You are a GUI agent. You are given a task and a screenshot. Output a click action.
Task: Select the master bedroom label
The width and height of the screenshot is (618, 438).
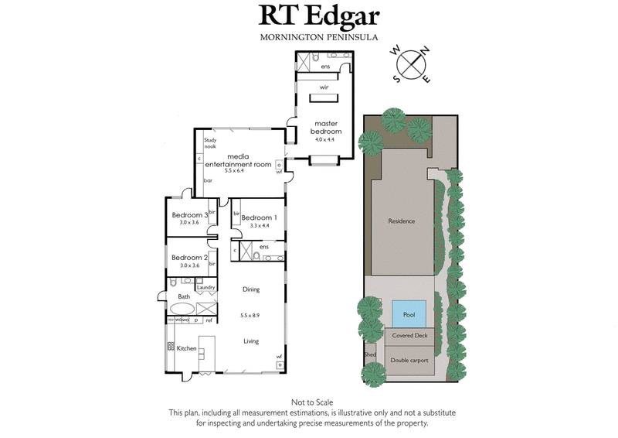tap(325, 127)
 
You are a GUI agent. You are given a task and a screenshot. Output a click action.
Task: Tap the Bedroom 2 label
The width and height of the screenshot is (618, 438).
tap(190, 257)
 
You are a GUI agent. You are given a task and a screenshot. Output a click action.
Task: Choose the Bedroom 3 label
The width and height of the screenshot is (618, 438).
tap(190, 214)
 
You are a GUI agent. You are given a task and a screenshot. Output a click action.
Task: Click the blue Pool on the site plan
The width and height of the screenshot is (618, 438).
tap(409, 313)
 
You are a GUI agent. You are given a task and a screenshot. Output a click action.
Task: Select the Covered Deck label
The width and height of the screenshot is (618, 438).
tap(409, 337)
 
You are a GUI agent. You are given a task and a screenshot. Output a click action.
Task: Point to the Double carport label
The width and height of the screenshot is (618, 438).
tap(409, 361)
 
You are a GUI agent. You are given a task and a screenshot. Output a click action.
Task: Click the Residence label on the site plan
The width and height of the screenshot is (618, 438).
tap(401, 221)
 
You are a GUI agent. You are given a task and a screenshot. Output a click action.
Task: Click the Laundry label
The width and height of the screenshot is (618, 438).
tap(205, 288)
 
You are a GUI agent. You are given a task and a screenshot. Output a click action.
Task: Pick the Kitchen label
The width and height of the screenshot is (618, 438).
tap(186, 349)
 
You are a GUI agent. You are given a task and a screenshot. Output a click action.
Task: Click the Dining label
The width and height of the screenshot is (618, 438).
tap(250, 289)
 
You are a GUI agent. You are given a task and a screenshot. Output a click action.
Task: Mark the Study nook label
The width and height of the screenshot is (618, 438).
tap(209, 143)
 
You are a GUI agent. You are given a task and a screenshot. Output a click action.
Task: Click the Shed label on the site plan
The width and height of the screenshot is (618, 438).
tap(369, 356)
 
